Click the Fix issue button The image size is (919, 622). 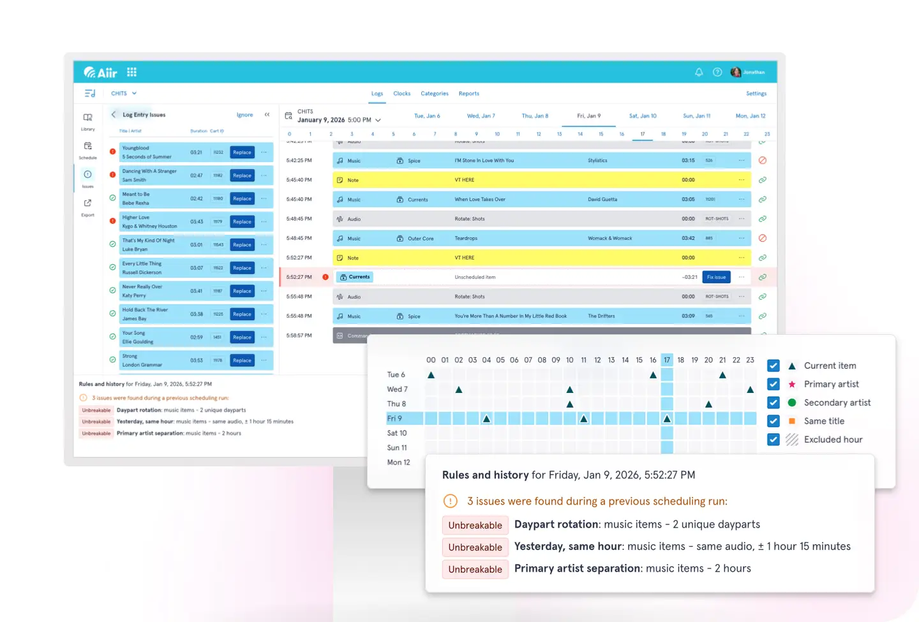pyautogui.click(x=716, y=277)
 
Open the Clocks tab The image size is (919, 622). pyautogui.click(x=402, y=94)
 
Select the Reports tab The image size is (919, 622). pyautogui.click(x=468, y=94)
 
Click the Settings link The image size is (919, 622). pyautogui.click(x=756, y=94)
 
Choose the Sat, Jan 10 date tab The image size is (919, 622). pyautogui.click(x=643, y=116)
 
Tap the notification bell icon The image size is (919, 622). pyautogui.click(x=699, y=72)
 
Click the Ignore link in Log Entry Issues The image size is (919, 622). pyautogui.click(x=244, y=115)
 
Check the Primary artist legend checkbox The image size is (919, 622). pyautogui.click(x=773, y=384)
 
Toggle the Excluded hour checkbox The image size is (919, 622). pyautogui.click(x=773, y=440)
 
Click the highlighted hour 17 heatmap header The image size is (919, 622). pyautogui.click(x=667, y=360)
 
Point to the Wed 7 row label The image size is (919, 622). pyautogui.click(x=397, y=389)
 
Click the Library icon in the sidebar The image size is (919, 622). pyautogui.click(x=87, y=118)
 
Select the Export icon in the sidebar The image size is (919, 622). pyautogui.click(x=87, y=204)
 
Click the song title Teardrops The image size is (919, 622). pyautogui.click(x=466, y=239)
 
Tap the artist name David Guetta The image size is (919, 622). pyautogui.click(x=602, y=200)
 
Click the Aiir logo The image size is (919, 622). pyautogui.click(x=100, y=72)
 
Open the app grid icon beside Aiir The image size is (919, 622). pyautogui.click(x=132, y=72)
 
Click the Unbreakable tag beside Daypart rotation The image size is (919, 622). pyautogui.click(x=475, y=525)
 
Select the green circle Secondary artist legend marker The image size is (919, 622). pyautogui.click(x=792, y=403)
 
